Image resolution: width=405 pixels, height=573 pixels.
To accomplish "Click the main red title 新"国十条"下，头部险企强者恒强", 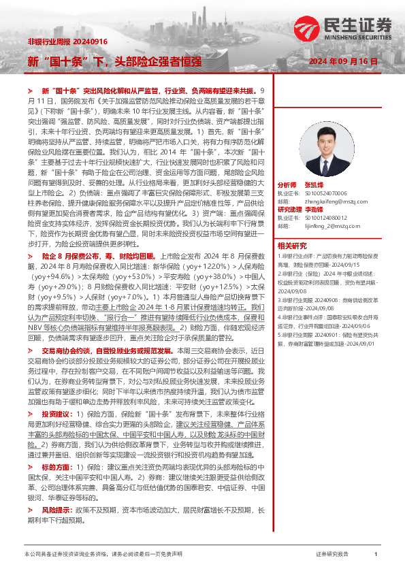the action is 114,61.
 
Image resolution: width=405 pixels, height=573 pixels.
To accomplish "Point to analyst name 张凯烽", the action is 313,184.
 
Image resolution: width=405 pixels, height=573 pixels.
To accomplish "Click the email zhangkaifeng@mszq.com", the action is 328,201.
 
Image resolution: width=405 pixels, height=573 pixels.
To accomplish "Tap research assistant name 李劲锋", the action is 313,210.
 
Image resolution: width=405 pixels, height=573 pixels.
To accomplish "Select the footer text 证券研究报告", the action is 333,555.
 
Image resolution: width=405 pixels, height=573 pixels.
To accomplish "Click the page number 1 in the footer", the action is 376,555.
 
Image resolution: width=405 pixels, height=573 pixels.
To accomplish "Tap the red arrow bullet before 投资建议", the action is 31,414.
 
